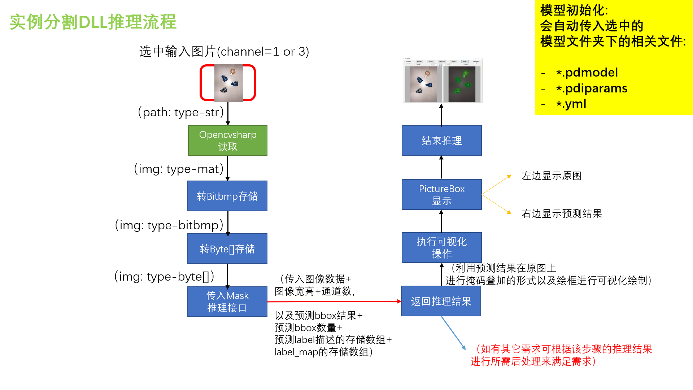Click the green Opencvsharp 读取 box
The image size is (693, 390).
tap(227, 140)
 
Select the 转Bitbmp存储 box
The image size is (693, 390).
tap(227, 196)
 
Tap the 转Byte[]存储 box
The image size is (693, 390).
tap(227, 248)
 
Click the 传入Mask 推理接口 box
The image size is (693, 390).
tap(227, 302)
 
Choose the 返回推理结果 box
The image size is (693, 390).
tap(441, 301)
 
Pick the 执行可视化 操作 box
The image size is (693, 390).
tap(441, 247)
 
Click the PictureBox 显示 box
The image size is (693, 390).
tap(441, 194)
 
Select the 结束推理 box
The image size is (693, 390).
tap(441, 140)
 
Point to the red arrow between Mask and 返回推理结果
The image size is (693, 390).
tap(334, 302)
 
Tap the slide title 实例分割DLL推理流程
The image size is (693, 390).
tap(93, 22)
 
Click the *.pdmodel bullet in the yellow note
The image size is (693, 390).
tap(587, 73)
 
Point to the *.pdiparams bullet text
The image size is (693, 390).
tap(592, 88)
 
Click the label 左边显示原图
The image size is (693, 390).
tap(552, 176)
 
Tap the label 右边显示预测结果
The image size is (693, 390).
tap(562, 214)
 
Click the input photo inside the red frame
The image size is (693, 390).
tap(228, 83)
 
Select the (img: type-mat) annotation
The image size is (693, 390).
tap(179, 169)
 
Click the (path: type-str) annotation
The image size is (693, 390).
tap(181, 112)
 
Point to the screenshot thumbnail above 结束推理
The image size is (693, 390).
tap(443, 80)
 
